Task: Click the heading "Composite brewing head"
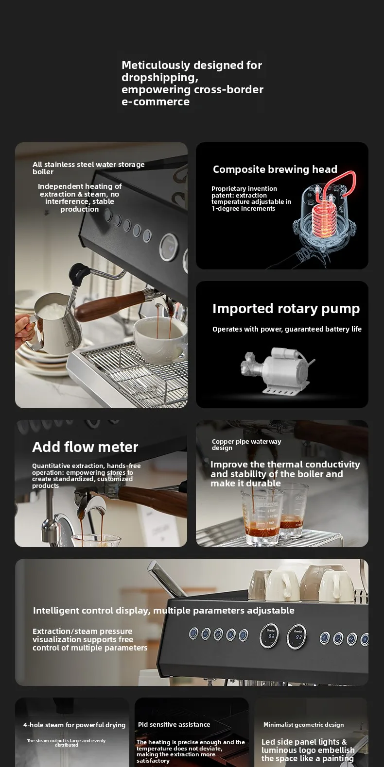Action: (x=275, y=169)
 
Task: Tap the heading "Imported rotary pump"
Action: (x=286, y=309)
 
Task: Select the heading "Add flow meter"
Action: (x=85, y=447)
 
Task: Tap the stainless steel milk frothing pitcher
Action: (x=56, y=324)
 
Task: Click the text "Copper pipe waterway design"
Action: (x=246, y=445)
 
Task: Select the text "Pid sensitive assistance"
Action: (x=174, y=724)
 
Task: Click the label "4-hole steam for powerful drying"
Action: (x=74, y=725)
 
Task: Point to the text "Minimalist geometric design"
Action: (x=303, y=725)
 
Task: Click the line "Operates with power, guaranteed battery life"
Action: (x=287, y=329)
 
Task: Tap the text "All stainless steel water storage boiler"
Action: (x=88, y=168)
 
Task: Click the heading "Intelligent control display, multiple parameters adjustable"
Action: (x=163, y=610)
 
